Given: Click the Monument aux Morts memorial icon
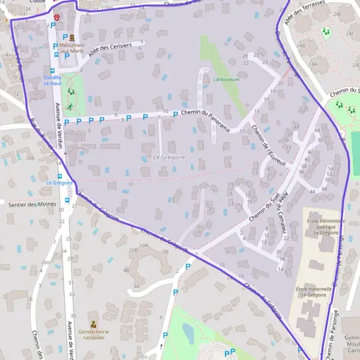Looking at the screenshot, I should (71, 37).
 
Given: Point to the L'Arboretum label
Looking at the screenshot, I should (226, 79).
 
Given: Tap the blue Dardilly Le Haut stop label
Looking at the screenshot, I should (52, 80).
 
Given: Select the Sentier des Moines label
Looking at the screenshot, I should (32, 204).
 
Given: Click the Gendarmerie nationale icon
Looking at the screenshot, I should (93, 324).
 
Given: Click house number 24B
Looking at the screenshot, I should (300, 45).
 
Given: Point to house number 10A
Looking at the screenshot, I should (143, 245).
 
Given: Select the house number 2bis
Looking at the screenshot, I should (46, 262).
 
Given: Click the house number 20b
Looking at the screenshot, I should (30, 158).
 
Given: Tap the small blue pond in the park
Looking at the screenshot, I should (188, 334).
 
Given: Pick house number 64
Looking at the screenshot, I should (317, 130).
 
